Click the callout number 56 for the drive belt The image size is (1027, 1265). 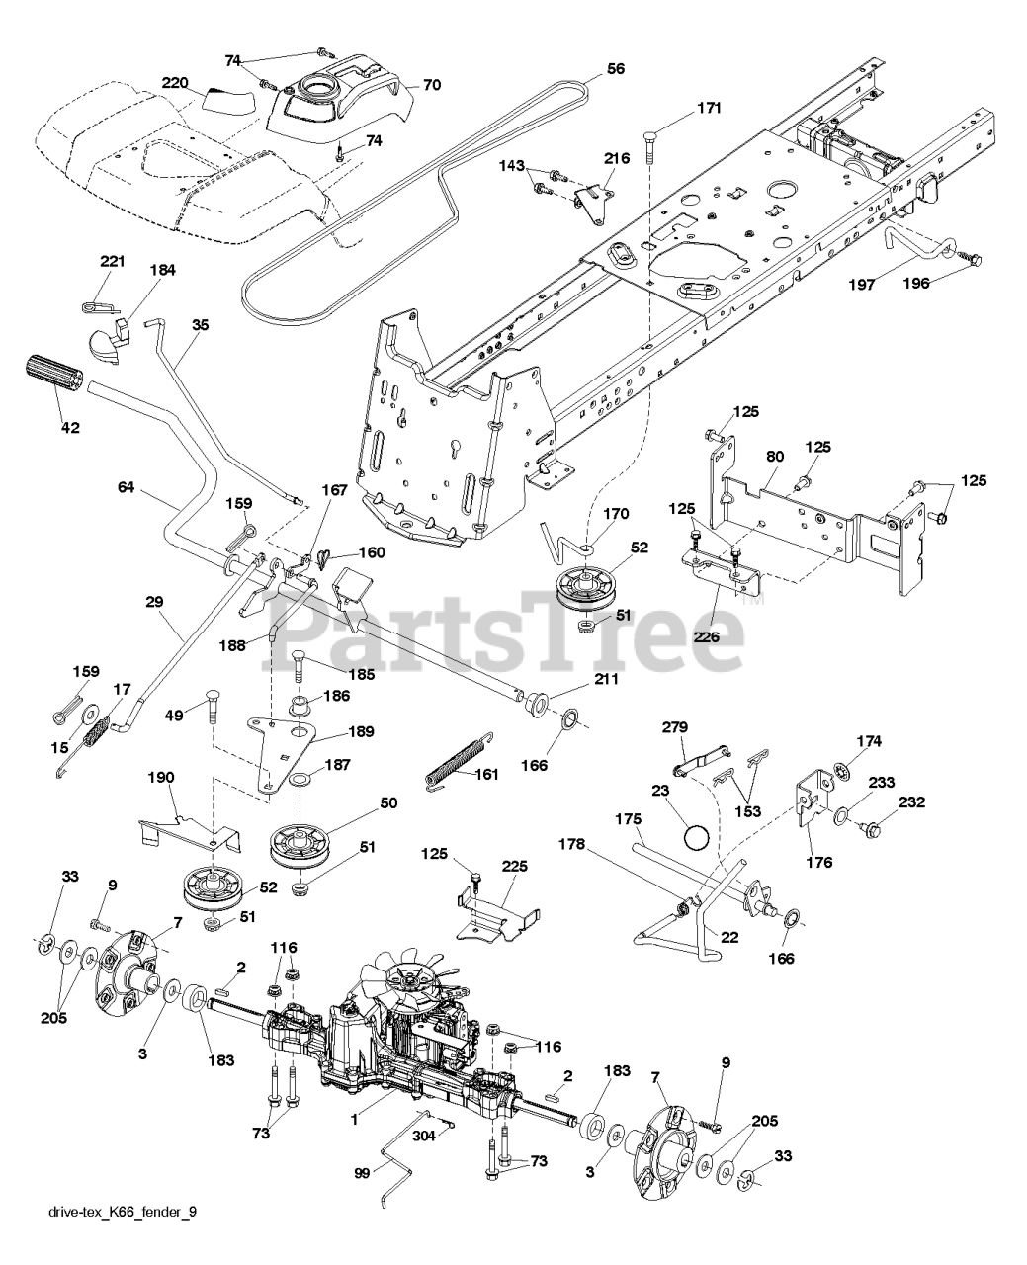click(x=615, y=71)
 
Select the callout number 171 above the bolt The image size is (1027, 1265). click(x=681, y=108)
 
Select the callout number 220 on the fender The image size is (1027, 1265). click(x=176, y=83)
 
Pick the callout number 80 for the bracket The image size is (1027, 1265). click(x=775, y=458)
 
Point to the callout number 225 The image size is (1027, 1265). click(x=514, y=867)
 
